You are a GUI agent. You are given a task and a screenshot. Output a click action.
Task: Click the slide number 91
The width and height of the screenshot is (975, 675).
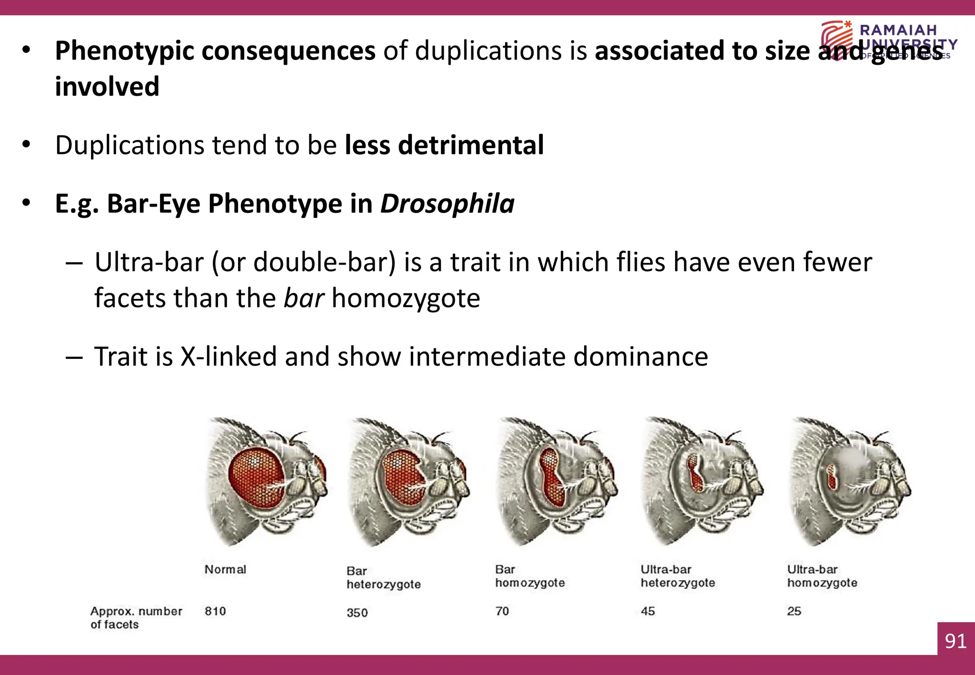click(x=955, y=641)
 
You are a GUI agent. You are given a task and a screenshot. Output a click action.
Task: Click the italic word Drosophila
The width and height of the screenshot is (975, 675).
click(x=447, y=204)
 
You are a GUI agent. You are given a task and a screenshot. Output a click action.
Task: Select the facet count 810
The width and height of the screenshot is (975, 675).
click(x=215, y=611)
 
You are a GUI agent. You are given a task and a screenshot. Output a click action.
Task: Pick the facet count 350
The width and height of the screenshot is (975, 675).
click(x=357, y=612)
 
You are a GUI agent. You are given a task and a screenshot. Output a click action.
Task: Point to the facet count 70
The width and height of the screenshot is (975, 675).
click(x=502, y=611)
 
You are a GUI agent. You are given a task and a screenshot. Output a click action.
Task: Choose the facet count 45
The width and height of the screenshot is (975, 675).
click(x=648, y=611)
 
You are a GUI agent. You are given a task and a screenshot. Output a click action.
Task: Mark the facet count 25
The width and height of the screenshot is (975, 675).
click(x=794, y=611)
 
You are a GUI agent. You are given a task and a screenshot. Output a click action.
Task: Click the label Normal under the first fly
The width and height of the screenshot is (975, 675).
click(x=225, y=569)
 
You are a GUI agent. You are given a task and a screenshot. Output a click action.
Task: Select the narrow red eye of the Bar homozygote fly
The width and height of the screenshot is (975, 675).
click(x=552, y=476)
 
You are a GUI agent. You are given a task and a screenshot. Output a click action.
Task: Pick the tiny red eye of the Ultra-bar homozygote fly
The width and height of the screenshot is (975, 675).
click(x=832, y=477)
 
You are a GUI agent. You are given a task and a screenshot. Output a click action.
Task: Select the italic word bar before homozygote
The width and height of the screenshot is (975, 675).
click(x=304, y=298)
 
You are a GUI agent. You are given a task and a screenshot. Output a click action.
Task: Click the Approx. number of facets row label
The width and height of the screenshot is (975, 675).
click(x=136, y=617)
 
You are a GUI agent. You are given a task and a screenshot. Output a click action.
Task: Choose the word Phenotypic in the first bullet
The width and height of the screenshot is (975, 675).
click(x=119, y=50)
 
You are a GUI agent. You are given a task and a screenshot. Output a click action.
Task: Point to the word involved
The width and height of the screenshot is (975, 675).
click(x=107, y=87)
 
